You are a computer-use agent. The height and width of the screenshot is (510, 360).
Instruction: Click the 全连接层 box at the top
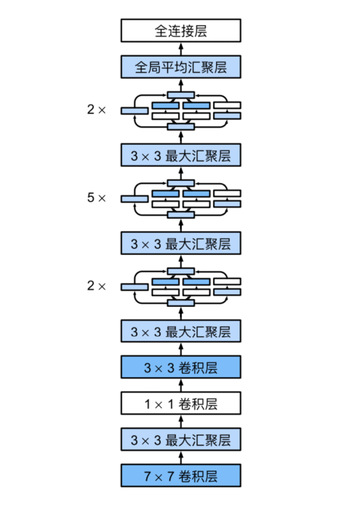click(x=181, y=31)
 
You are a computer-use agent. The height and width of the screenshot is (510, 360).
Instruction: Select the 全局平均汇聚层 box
click(x=181, y=66)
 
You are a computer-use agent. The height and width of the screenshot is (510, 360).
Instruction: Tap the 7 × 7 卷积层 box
click(x=181, y=475)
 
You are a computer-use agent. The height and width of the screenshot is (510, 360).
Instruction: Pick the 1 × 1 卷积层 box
click(x=181, y=404)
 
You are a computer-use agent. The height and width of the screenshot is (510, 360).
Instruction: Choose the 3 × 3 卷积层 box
click(x=181, y=367)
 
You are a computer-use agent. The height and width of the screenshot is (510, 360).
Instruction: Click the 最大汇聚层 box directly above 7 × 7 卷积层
click(x=181, y=440)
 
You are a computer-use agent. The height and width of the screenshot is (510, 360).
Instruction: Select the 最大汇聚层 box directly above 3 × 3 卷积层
click(x=181, y=331)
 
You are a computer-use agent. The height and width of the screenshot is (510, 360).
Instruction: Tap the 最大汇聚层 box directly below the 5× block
click(x=181, y=243)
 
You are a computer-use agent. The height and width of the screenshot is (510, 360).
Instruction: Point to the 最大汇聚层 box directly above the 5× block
click(x=181, y=155)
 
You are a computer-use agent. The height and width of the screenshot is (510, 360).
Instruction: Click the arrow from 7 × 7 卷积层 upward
click(x=181, y=458)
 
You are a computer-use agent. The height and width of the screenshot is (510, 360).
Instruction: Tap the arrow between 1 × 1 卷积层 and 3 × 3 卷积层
click(x=181, y=386)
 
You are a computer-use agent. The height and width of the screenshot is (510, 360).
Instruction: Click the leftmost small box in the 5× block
click(x=134, y=199)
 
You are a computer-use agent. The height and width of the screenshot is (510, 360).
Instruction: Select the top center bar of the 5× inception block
click(x=181, y=182)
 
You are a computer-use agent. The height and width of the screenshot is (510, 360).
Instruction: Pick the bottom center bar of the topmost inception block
click(x=181, y=127)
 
